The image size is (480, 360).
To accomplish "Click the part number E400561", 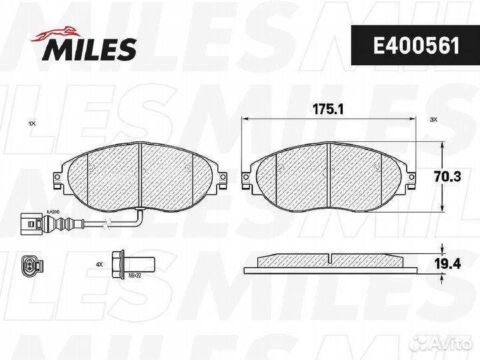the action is (x=416, y=46).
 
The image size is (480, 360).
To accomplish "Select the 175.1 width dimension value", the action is (x=328, y=109).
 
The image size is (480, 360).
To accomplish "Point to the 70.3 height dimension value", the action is (x=447, y=177).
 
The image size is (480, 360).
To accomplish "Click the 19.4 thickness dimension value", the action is (x=447, y=263).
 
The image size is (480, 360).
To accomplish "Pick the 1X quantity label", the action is (x=32, y=124).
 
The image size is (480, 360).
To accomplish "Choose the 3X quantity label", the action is (x=434, y=120).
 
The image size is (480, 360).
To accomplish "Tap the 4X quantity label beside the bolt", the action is (x=99, y=264).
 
